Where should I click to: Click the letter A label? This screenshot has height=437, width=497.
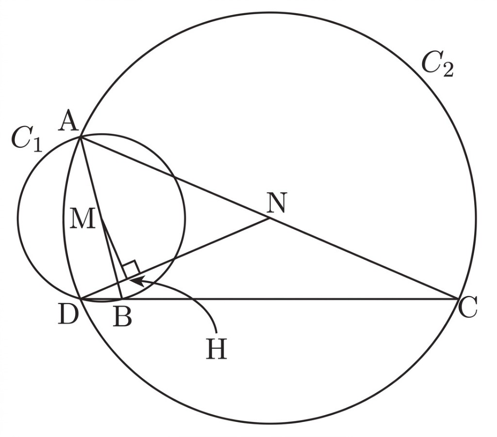(69, 122)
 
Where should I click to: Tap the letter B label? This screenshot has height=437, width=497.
(123, 317)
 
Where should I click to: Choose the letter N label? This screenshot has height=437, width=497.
(276, 203)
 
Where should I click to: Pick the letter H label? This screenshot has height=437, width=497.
(216, 348)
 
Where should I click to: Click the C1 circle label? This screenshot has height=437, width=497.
(27, 140)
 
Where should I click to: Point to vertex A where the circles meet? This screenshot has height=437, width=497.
(81, 137)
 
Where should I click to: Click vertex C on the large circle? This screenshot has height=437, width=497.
(458, 299)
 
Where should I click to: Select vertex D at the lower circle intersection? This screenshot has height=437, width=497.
(82, 299)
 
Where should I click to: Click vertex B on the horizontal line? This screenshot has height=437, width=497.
(122, 299)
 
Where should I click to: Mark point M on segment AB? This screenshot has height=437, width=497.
(102, 218)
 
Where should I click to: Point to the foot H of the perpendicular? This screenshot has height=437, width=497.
(127, 279)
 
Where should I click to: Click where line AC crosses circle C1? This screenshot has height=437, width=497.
(174, 177)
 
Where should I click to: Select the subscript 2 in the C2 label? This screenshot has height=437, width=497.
(447, 70)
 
